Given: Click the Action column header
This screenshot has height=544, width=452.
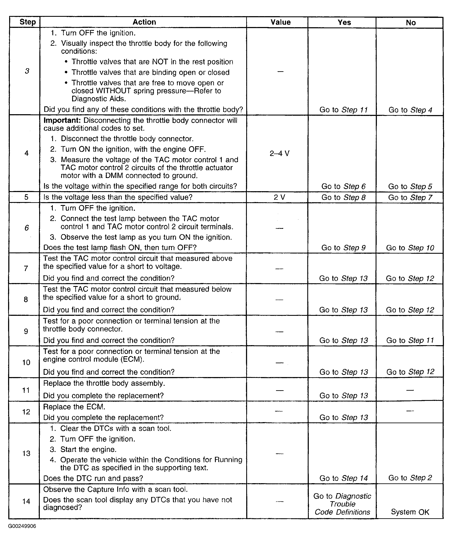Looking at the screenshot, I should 144,22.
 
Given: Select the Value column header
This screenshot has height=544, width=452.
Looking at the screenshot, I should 280,22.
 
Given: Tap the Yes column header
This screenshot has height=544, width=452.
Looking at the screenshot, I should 344,23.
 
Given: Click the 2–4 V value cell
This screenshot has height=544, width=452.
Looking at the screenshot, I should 279,154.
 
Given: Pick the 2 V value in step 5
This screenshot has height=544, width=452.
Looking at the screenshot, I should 279,197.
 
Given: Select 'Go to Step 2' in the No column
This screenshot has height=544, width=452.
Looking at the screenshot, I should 410,478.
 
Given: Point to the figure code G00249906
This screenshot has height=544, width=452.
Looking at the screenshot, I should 22,526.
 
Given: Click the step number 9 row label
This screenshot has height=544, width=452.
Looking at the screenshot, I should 26,331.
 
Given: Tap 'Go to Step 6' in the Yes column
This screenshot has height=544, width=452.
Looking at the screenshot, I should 343,186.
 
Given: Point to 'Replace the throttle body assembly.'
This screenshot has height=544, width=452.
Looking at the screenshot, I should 104,383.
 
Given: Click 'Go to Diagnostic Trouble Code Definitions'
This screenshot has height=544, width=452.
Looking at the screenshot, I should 342,504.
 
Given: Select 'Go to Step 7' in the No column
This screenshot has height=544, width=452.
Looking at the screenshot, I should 410,197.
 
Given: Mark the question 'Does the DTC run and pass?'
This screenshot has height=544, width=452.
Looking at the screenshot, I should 93,478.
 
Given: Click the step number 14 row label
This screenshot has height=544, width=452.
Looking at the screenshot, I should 26,501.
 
